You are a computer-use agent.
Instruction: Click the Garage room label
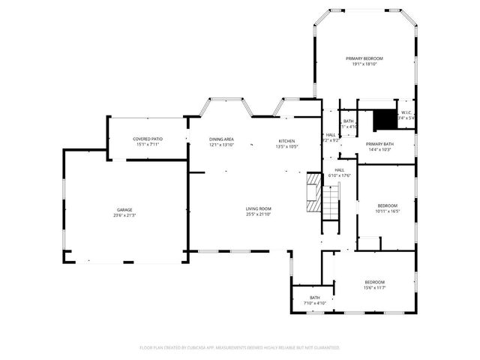(x=124, y=209)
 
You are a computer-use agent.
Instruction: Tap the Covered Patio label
(x=148, y=139)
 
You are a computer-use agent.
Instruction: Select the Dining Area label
(x=221, y=139)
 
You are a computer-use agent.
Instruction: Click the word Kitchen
(x=287, y=141)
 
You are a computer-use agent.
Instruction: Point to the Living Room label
(x=258, y=208)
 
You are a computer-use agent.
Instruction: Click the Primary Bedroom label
(x=364, y=58)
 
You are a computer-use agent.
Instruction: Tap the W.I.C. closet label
(x=405, y=112)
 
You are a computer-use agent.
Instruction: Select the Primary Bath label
(x=379, y=144)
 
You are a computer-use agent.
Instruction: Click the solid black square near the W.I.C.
(x=384, y=119)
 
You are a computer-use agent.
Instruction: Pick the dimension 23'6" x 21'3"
(x=124, y=215)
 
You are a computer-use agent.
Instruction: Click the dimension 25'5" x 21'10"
(x=258, y=214)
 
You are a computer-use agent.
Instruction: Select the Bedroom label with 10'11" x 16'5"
(x=387, y=205)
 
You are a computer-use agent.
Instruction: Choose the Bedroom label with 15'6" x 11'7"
(x=374, y=282)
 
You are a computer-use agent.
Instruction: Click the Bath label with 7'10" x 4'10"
(x=315, y=298)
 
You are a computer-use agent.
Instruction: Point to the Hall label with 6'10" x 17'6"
(x=339, y=170)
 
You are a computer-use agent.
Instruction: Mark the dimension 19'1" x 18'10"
(x=364, y=64)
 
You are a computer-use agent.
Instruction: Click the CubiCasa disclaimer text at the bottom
(x=240, y=347)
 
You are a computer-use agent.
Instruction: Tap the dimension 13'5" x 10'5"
(x=287, y=147)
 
